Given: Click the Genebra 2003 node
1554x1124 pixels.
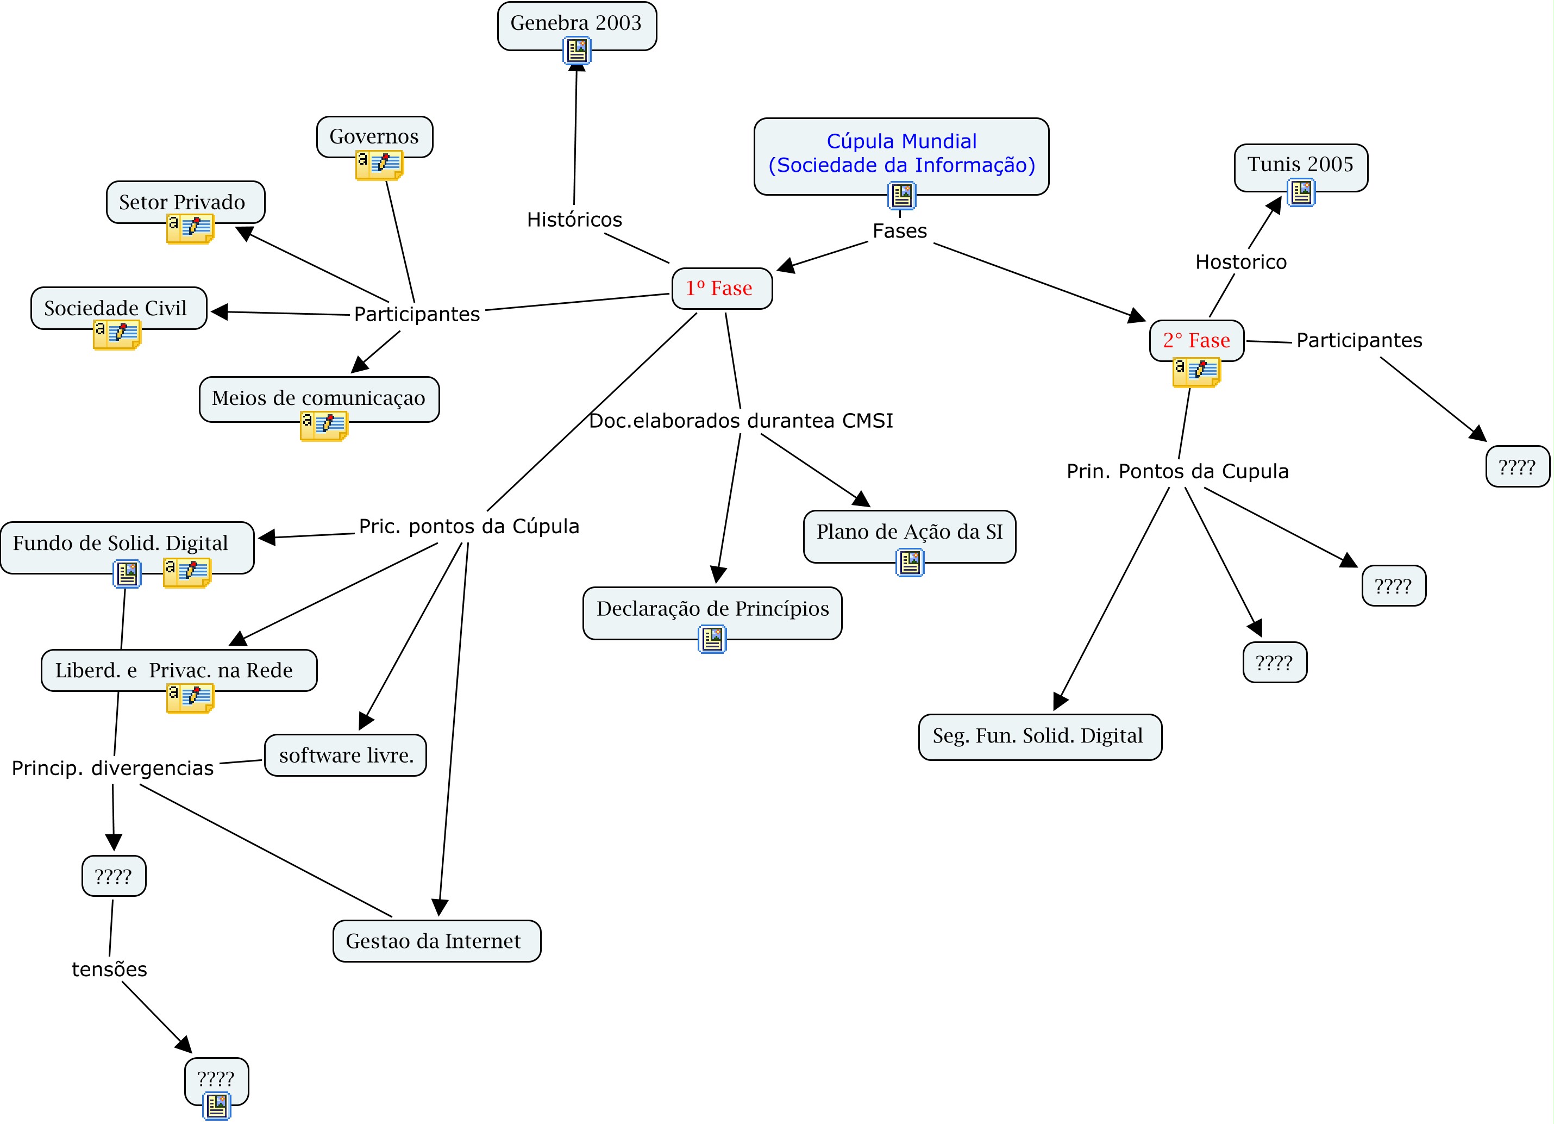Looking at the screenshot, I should [x=577, y=23].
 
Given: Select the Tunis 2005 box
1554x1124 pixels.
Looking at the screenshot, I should [x=1300, y=165].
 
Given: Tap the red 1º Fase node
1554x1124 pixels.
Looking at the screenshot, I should [x=722, y=289].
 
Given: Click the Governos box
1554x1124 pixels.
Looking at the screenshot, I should [x=374, y=136].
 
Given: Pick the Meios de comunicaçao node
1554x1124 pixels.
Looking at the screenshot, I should [x=318, y=397].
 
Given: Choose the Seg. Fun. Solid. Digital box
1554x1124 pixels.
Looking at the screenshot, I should [x=1039, y=736].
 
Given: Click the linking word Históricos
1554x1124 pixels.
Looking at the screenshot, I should [x=574, y=220].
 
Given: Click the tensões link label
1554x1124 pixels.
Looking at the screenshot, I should [x=110, y=969].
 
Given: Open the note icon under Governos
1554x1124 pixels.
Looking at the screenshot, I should [x=379, y=165].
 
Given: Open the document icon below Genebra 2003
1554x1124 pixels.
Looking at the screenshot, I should [x=577, y=50].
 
